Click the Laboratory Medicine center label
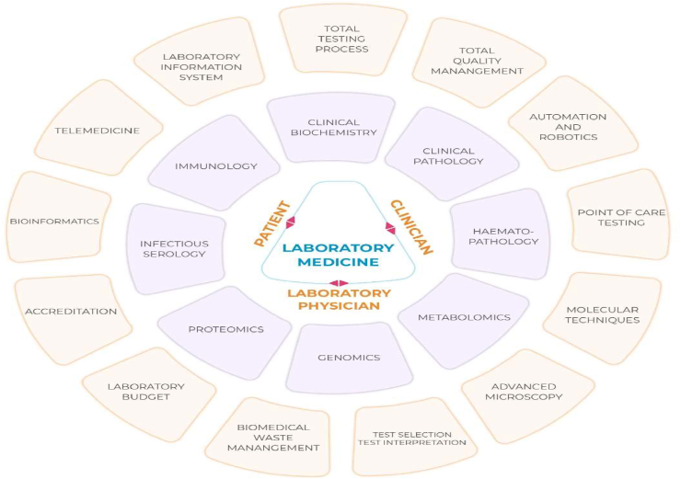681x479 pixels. coord(339,255)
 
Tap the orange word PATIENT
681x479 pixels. coord(273,223)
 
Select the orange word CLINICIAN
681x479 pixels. coord(410,226)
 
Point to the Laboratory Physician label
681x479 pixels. coord(339,300)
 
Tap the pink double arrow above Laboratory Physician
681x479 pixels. coord(339,282)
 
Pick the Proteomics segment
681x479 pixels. coord(225,328)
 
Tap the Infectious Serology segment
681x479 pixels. coord(175,249)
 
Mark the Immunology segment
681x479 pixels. coord(215,166)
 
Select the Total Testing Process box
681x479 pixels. coord(342,38)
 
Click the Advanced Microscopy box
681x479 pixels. coord(526,391)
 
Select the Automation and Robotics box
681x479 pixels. coord(569,127)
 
